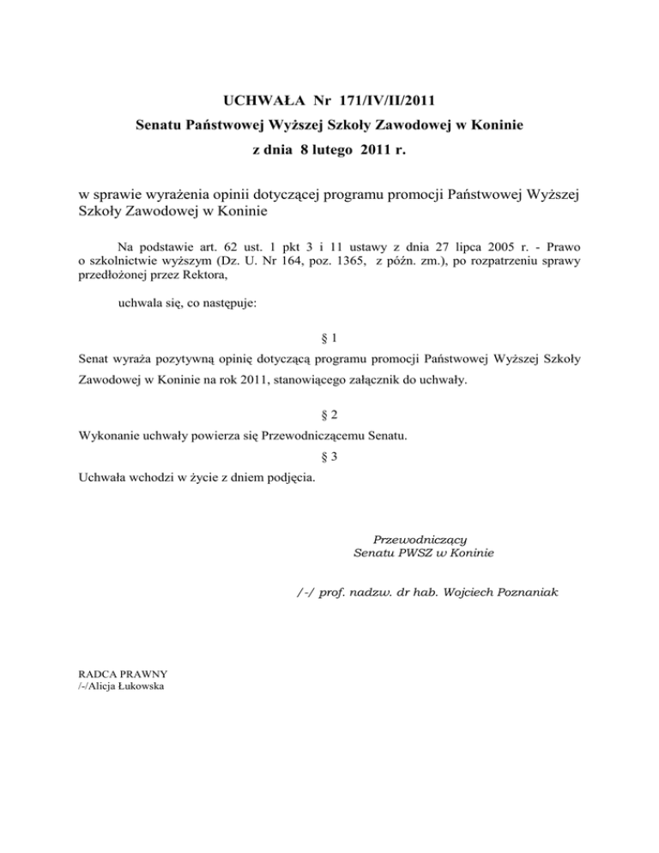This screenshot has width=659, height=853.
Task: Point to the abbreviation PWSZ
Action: (420, 554)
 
